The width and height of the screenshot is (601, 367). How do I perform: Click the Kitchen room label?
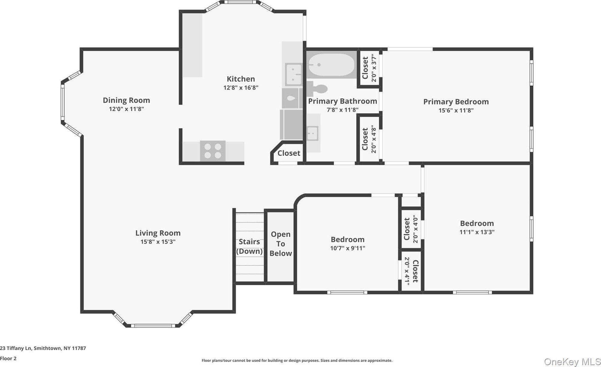tap(241, 79)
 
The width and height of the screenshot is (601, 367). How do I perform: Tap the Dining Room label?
tap(126, 100)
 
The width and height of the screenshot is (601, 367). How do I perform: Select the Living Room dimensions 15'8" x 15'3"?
tap(158, 242)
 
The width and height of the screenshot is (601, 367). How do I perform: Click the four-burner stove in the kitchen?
tap(213, 151)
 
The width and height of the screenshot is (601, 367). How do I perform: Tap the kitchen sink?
tap(293, 74)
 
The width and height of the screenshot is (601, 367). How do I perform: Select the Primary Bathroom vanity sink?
tap(313, 133)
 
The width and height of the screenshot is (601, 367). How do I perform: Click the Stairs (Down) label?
tap(249, 246)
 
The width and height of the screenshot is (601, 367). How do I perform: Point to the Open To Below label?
tap(281, 244)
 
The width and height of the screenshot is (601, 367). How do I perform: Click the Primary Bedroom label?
tap(456, 102)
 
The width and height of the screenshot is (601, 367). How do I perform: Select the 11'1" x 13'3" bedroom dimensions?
tap(477, 232)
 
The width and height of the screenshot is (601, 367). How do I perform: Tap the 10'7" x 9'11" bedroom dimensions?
tap(348, 248)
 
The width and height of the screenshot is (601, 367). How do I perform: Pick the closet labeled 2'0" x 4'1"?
tap(411, 271)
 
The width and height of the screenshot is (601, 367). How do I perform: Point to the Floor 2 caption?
tap(8, 358)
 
